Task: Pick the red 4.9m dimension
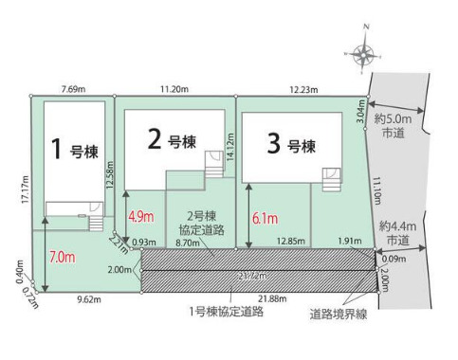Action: pos(140,216)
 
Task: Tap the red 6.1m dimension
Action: pos(266,219)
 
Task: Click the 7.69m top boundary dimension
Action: pos(69,87)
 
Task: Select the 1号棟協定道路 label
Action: pos(226,312)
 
